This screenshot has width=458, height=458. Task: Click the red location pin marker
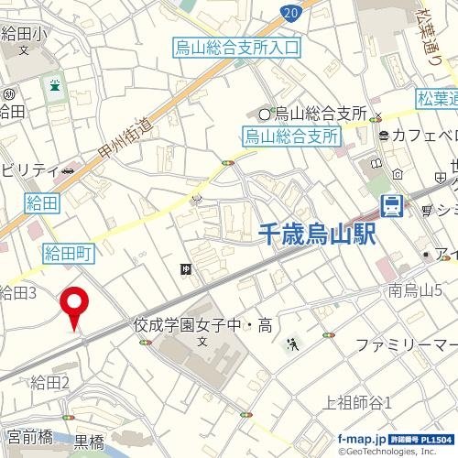click(x=73, y=304)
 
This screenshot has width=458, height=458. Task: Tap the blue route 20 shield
click(x=291, y=11)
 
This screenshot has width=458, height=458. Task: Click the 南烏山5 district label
click(x=416, y=291)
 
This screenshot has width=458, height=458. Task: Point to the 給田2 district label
click(x=50, y=382)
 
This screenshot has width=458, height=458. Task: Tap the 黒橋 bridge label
click(x=89, y=442)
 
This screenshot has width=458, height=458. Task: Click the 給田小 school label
click(x=23, y=35)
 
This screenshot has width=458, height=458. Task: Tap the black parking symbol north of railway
click(x=186, y=268)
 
